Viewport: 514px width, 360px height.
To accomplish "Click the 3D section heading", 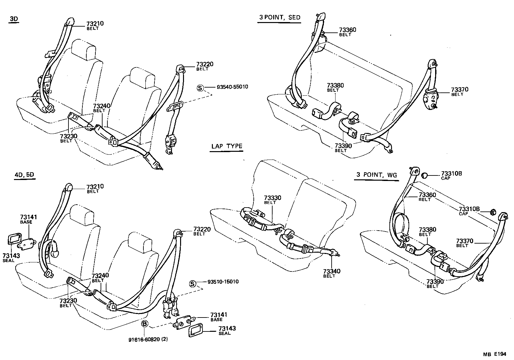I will coord(14,19).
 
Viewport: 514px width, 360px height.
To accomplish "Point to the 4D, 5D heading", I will coord(24,175).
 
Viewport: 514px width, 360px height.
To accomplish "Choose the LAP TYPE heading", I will coord(227,146).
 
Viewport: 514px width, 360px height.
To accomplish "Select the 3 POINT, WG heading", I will coord(376,175).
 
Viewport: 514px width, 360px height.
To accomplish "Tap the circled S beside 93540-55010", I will coord(200,88).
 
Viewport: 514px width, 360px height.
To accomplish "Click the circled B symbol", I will coord(145,323).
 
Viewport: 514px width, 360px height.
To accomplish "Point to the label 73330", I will coord(272,198).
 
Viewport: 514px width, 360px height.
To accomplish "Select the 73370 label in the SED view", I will coord(459,90).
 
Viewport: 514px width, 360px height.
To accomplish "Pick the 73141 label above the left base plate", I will coord(29,217).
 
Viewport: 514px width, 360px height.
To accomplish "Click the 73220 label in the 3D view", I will coord(204,64).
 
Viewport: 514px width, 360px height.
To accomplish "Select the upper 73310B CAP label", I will coord(451,174).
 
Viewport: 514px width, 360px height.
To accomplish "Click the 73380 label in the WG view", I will coord(427,230).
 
